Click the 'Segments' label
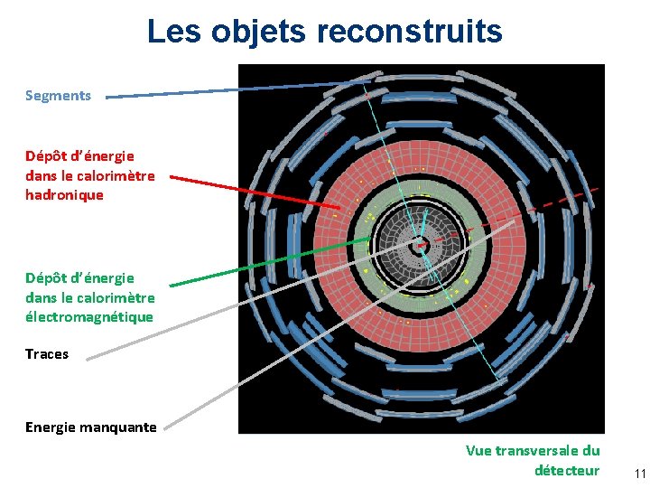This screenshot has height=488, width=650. (x=58, y=95)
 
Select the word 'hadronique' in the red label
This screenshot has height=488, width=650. (x=64, y=194)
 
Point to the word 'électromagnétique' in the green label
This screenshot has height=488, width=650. (x=89, y=317)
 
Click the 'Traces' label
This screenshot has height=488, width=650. (x=47, y=353)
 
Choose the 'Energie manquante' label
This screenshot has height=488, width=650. (x=90, y=427)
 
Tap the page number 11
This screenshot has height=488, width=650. (x=640, y=474)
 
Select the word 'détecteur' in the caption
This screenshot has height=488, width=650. (x=566, y=470)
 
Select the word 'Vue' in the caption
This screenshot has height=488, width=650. (x=479, y=450)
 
